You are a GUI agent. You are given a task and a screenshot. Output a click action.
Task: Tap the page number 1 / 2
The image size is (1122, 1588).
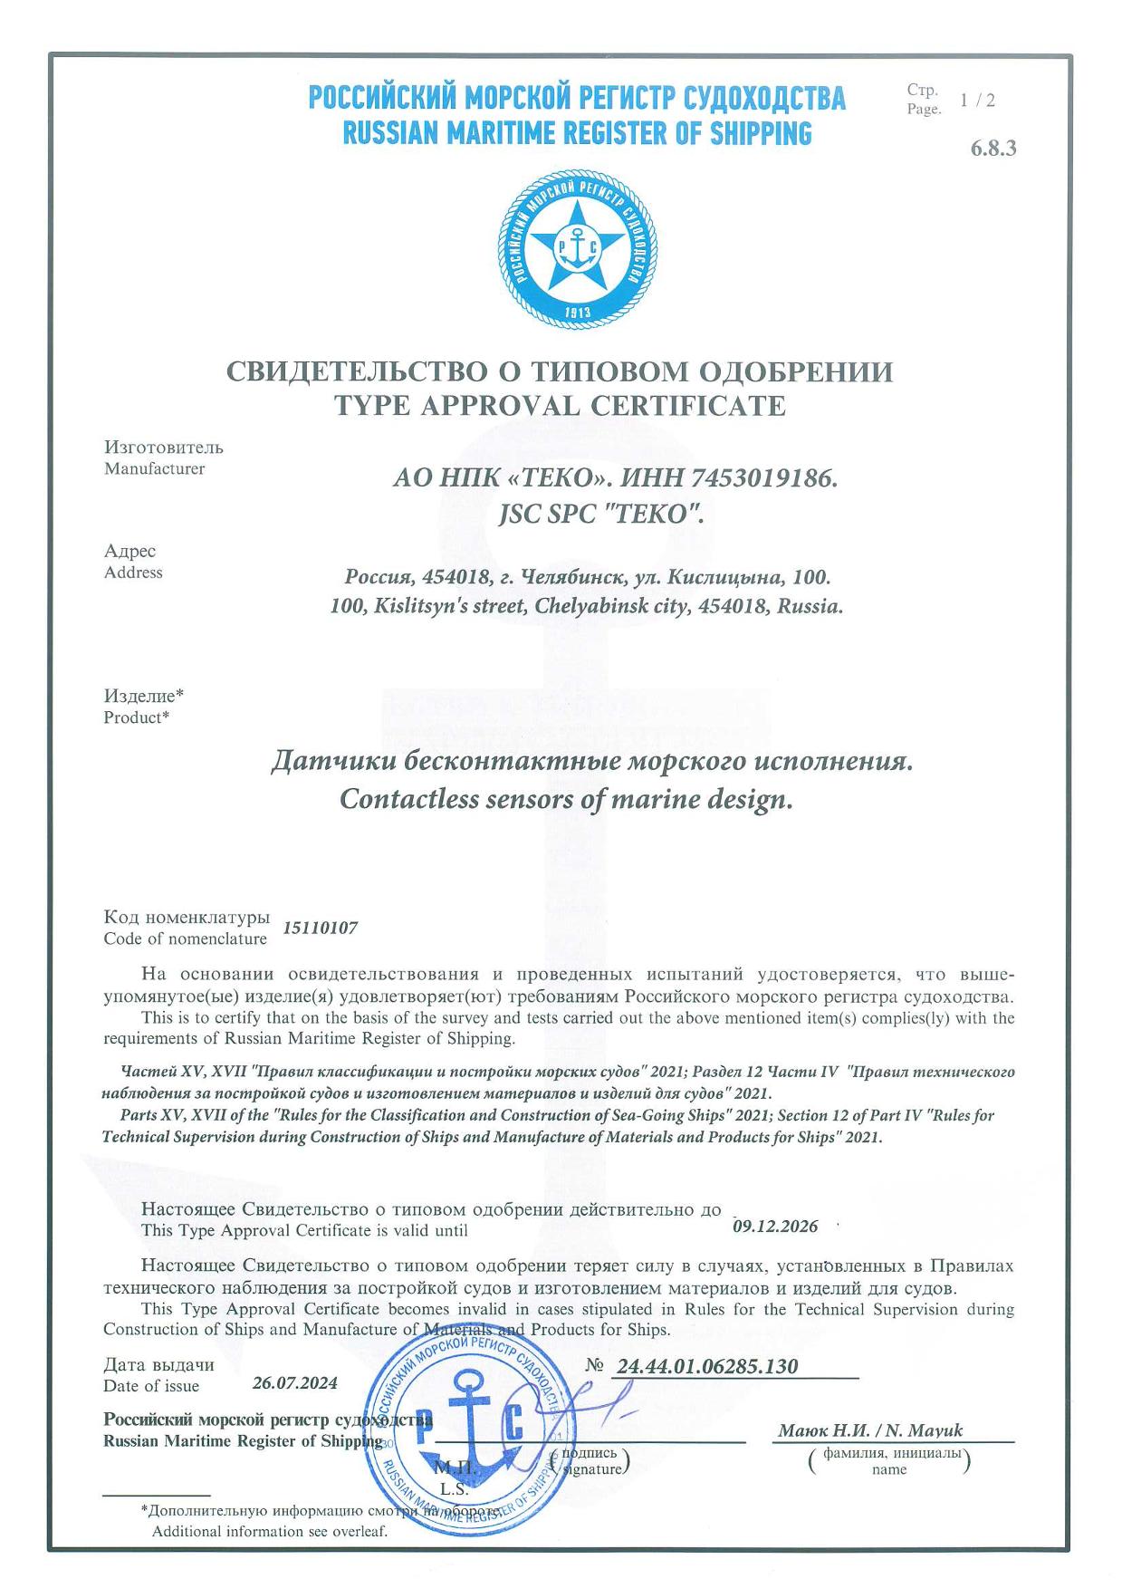978,101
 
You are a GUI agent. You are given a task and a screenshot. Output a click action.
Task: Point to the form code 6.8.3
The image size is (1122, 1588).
993,149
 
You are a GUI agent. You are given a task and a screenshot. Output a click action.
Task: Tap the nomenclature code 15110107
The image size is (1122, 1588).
321,928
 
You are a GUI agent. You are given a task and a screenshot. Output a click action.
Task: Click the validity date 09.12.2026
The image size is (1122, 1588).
774,1227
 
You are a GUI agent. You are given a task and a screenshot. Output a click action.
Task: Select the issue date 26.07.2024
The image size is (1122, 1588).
294,1383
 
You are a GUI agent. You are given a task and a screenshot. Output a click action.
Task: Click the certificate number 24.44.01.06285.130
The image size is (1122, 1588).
706,1366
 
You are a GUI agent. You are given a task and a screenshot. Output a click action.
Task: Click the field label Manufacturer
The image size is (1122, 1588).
154,469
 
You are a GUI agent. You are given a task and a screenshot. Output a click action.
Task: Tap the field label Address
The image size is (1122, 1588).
133,573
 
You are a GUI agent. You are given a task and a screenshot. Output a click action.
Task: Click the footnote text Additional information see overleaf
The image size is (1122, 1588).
269,1531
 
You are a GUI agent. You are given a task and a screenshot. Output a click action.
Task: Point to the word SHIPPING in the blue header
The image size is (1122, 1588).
761,134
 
